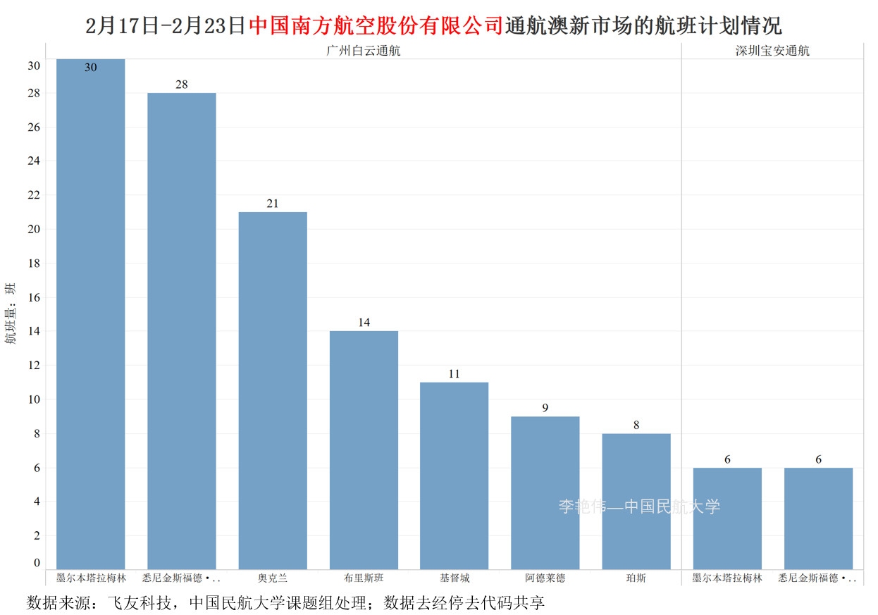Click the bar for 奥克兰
pos(273,390)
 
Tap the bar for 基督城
pos(454,476)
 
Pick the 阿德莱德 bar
pos(545,492)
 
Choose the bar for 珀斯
pos(636,501)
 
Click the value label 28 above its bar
pos(182,85)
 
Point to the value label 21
pos(273,204)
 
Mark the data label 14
pos(364,323)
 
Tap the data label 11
pos(454,374)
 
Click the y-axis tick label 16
pos(34,297)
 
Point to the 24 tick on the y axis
pos(34,161)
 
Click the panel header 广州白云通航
pos(364,51)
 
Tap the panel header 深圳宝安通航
pos(772,51)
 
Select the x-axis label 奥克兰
pos(273,578)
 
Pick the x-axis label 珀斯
pos(636,578)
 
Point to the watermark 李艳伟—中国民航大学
pos(639,507)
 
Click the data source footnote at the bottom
pos(286,603)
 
